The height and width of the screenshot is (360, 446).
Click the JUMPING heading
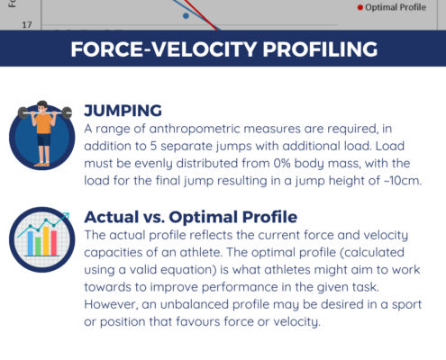pyautogui.click(x=123, y=111)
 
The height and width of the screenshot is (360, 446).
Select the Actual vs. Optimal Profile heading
pyautogui.click(x=191, y=217)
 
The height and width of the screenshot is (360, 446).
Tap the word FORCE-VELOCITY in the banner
pyautogui.click(x=164, y=49)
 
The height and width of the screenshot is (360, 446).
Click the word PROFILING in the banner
pyautogui.click(x=320, y=49)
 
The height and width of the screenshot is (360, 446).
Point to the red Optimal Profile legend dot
pyautogui.click(x=360, y=7)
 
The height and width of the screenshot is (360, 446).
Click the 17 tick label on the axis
pyautogui.click(x=27, y=25)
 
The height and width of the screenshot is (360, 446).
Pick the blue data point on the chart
pyautogui.click(x=186, y=15)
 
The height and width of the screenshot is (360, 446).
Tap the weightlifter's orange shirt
pyautogui.click(x=44, y=123)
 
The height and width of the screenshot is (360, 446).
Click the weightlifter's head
pyautogui.click(x=42, y=107)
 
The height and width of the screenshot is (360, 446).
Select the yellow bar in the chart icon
pyautogui.click(x=46, y=241)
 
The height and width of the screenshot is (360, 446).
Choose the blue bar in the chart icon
pyautogui.click(x=31, y=243)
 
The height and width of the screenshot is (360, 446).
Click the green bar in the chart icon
pyautogui.click(x=38, y=246)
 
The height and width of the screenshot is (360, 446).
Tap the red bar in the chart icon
pyautogui.click(x=54, y=243)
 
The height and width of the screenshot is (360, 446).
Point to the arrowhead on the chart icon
pyautogui.click(x=67, y=215)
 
